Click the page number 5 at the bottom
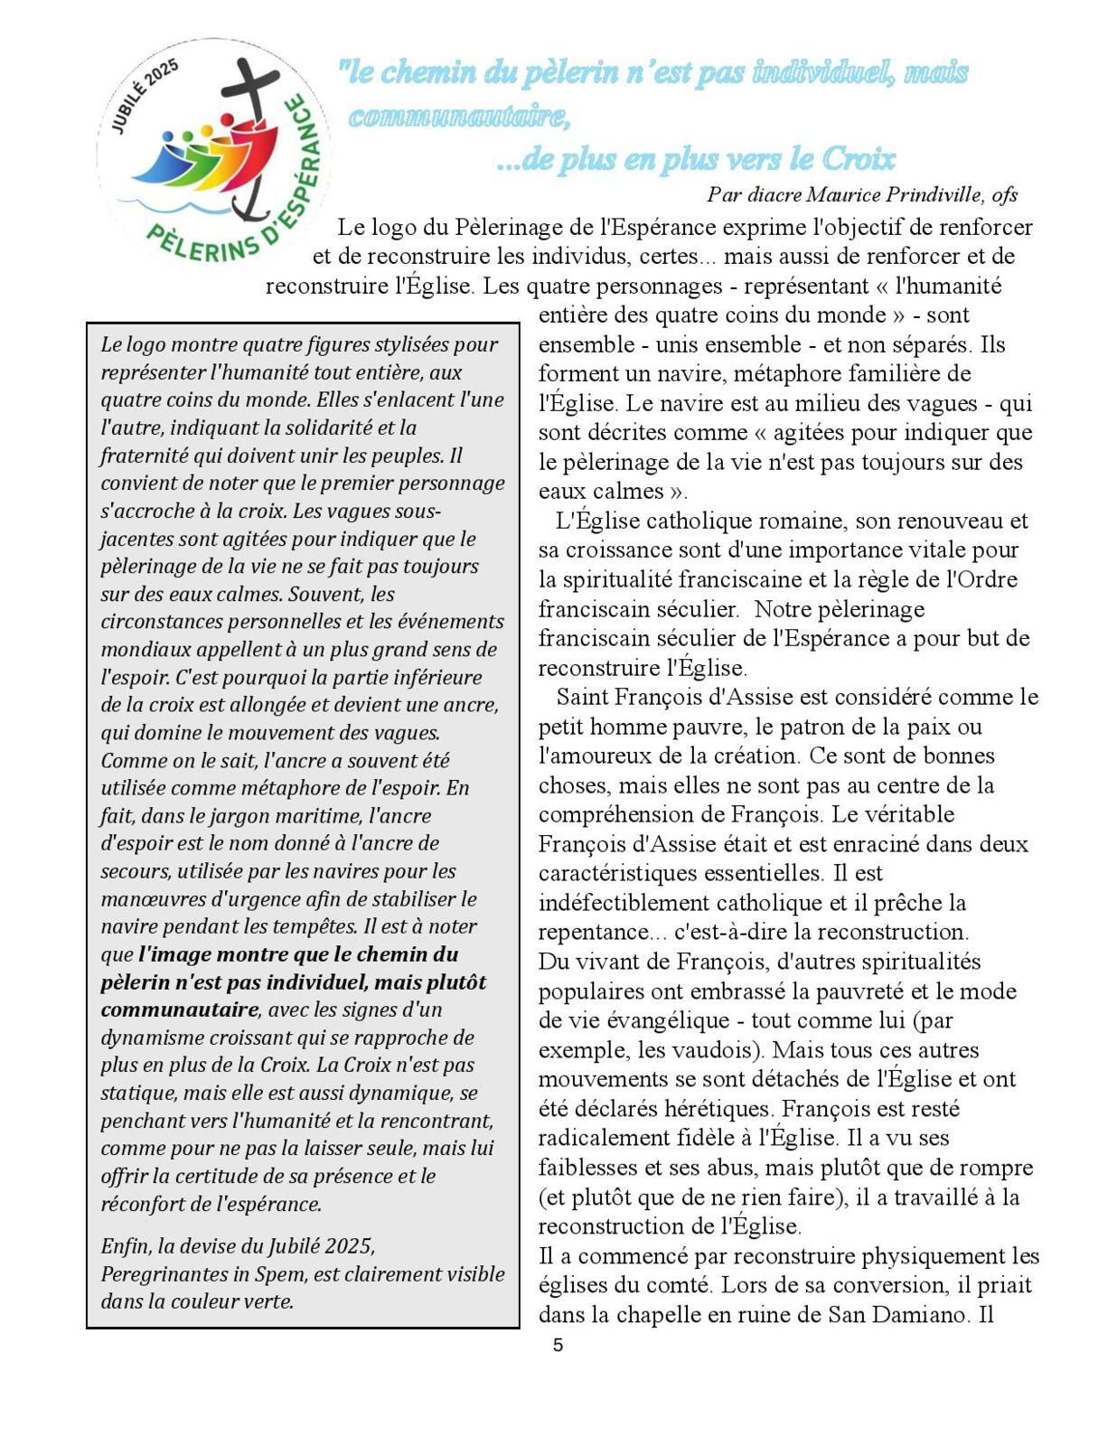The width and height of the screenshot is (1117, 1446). tap(558, 1345)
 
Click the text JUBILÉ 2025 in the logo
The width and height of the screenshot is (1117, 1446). tap(145, 96)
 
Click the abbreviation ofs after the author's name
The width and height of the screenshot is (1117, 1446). tap(1005, 194)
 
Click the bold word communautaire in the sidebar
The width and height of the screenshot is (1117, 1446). tap(179, 1009)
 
